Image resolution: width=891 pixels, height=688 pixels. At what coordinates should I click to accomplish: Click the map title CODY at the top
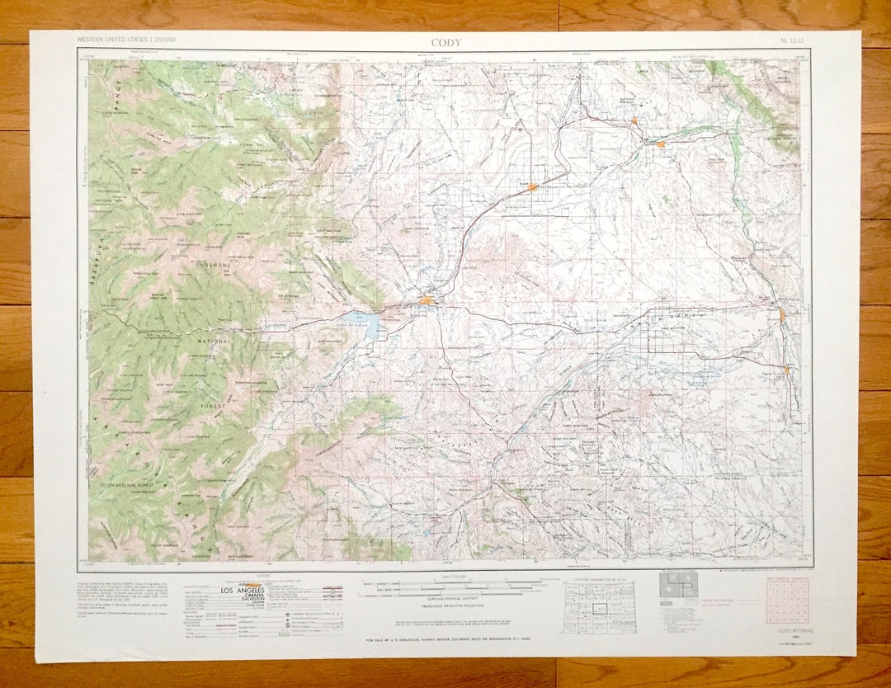coord(445,43)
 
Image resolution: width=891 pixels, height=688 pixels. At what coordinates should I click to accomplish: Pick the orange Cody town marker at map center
coord(427,301)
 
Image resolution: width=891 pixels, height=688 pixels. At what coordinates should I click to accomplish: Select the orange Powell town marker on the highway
coord(533,187)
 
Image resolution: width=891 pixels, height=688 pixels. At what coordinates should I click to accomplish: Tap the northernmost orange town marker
coord(634,121)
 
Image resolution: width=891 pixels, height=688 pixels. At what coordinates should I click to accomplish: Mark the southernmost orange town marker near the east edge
coord(786,370)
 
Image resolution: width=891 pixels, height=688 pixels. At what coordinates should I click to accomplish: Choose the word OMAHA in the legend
coord(241,600)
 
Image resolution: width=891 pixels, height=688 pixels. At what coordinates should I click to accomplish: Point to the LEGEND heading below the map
coord(263,577)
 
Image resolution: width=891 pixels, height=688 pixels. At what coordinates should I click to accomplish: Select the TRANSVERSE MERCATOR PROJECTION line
coord(450,605)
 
